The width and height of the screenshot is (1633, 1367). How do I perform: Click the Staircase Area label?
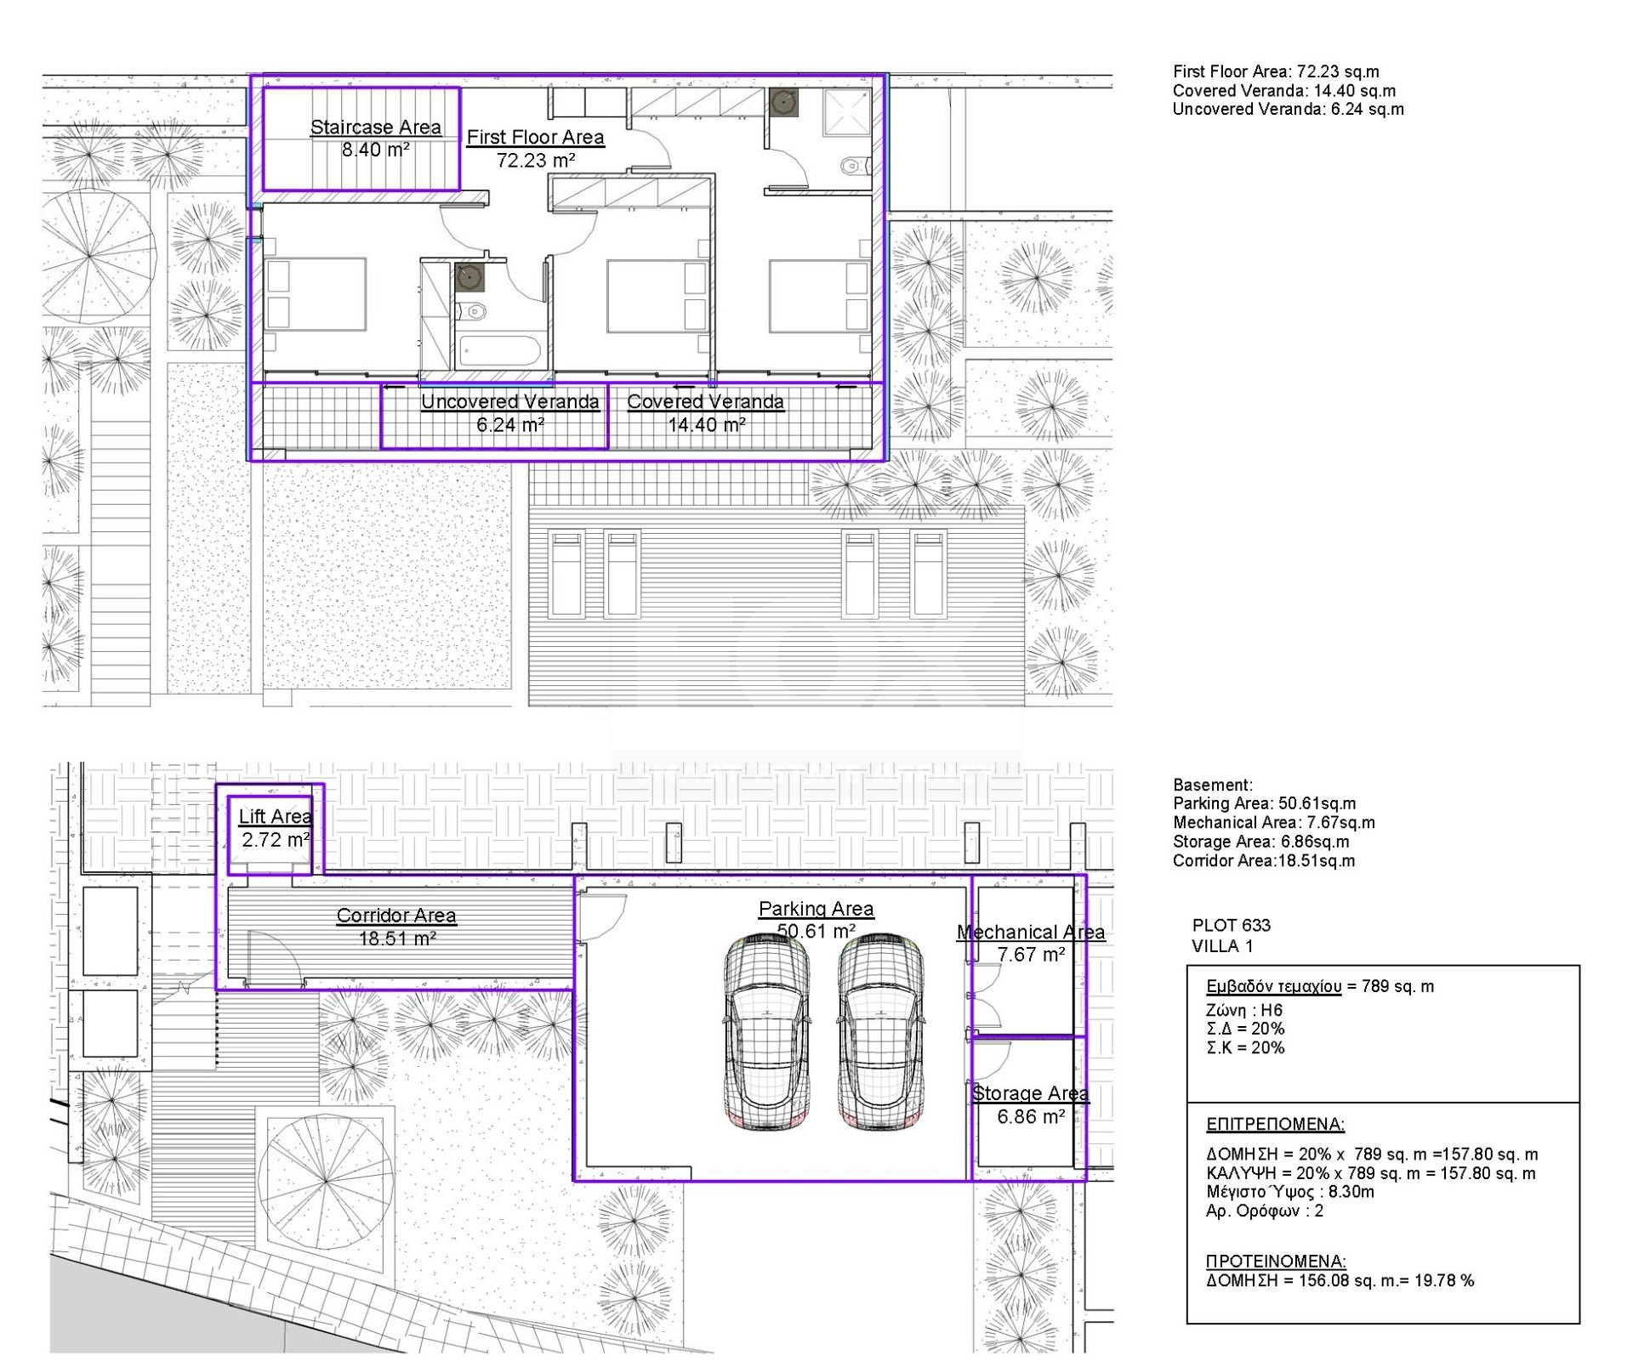(375, 128)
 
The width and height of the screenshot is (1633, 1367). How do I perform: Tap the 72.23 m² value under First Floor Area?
(535, 160)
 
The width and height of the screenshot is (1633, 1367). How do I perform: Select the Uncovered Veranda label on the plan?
(510, 402)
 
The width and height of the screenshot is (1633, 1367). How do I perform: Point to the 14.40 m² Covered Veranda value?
(706, 425)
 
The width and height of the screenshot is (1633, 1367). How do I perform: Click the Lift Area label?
(276, 817)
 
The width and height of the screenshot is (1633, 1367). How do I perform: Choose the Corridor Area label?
(396, 916)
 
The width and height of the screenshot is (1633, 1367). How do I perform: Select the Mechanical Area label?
(1031, 933)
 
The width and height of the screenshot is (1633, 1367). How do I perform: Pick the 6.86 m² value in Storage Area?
(1031, 1117)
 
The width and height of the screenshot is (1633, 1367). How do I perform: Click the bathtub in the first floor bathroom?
(498, 352)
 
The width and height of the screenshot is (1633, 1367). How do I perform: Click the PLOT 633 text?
(1231, 926)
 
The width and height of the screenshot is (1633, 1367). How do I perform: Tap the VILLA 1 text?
(1222, 946)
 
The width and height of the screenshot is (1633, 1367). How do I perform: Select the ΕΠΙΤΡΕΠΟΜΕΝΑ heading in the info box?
(1275, 1125)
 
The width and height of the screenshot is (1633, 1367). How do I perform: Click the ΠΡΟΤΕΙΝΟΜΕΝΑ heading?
(1276, 1262)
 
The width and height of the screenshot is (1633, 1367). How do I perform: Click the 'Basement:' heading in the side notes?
(1213, 786)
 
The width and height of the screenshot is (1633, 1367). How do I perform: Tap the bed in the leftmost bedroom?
(316, 294)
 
